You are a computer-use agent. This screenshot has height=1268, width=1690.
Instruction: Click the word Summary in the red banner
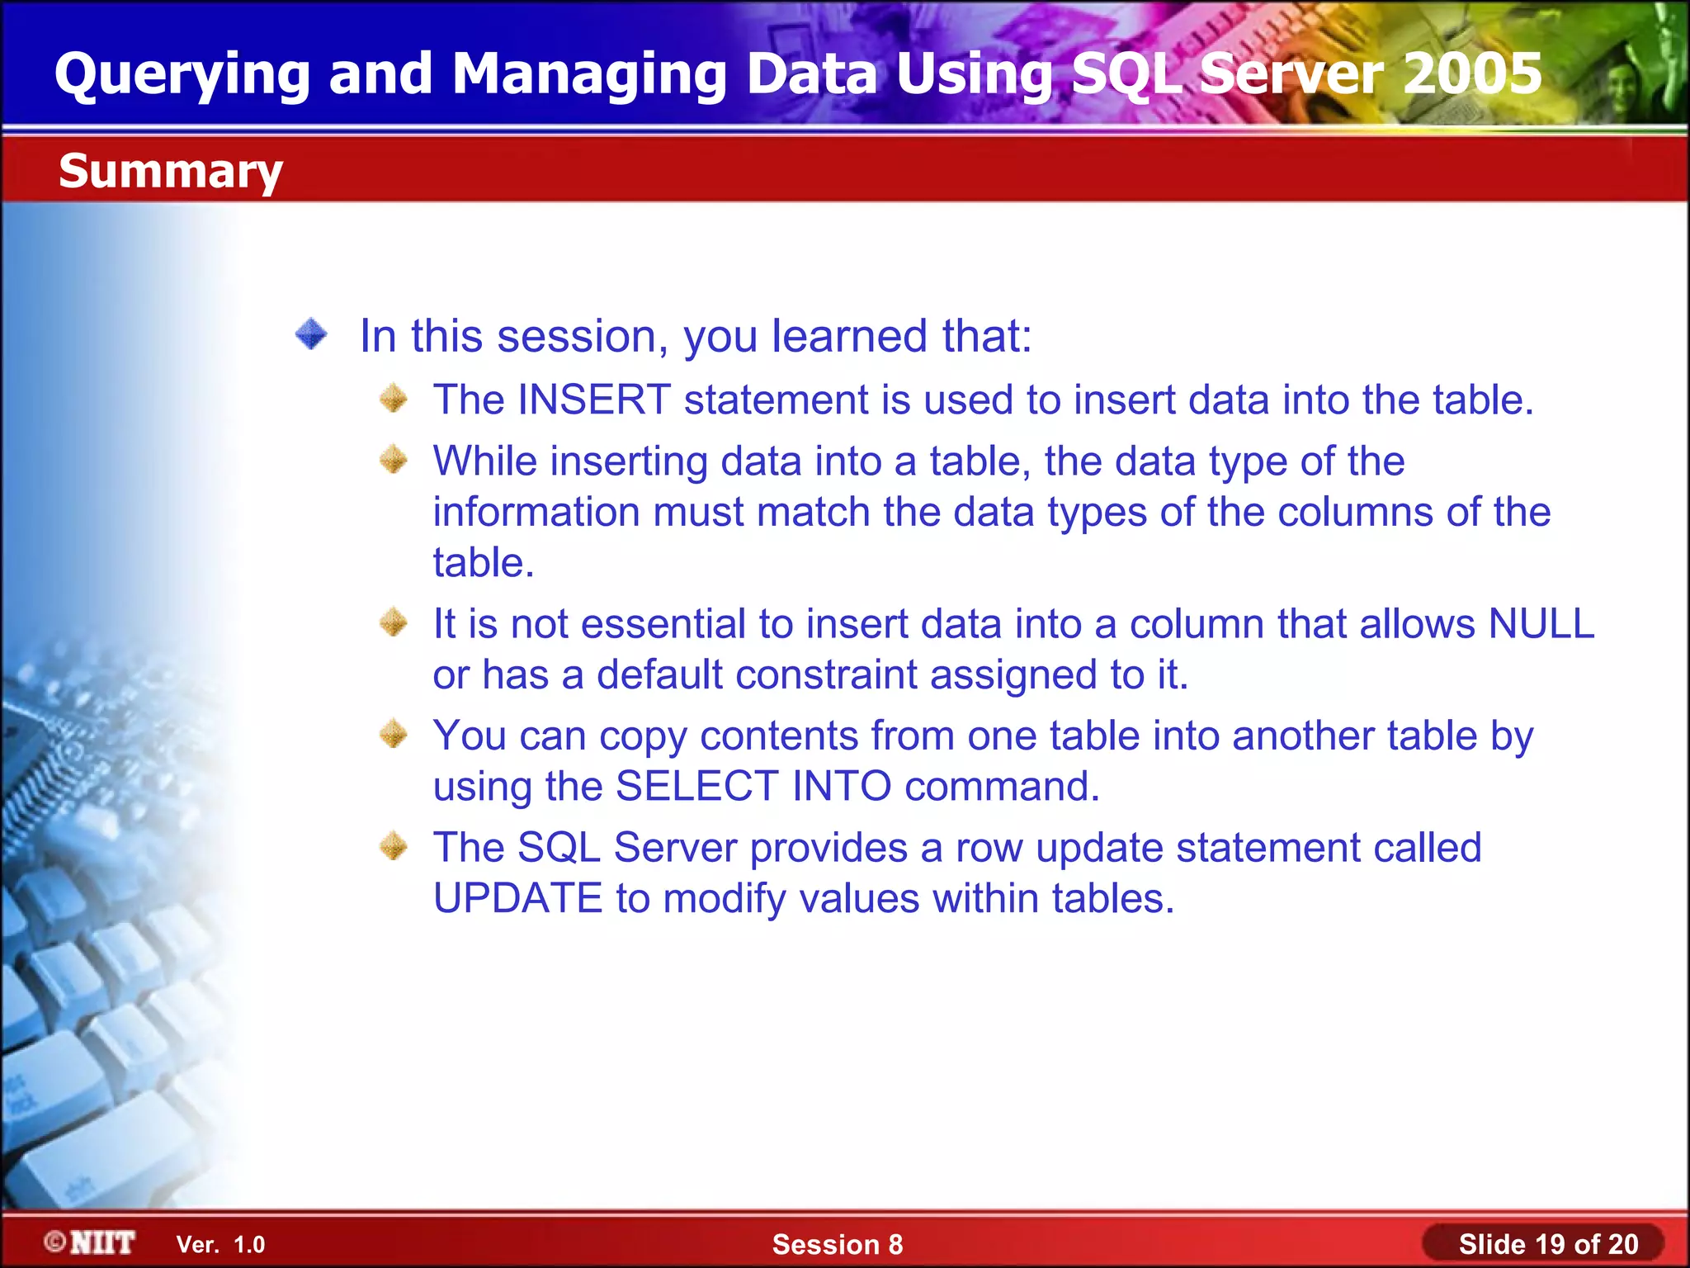tap(171, 172)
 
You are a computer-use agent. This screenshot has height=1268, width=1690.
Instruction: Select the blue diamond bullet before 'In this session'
tap(311, 334)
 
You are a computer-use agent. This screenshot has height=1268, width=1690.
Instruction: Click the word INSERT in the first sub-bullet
tap(593, 400)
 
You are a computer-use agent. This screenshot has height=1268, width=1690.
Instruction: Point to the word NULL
tap(1541, 624)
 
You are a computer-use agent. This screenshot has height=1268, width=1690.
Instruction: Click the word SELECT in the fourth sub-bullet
tap(696, 786)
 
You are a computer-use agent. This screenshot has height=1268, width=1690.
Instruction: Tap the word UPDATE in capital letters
tap(517, 898)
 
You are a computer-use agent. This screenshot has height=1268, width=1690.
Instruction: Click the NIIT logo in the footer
tap(91, 1242)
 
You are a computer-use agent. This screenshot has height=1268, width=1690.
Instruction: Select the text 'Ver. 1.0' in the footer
tap(220, 1244)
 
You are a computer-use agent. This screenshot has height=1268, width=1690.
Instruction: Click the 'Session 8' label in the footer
tap(837, 1244)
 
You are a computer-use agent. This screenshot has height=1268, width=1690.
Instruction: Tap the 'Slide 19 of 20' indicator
tap(1547, 1244)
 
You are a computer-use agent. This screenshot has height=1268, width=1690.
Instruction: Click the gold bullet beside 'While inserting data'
tap(394, 459)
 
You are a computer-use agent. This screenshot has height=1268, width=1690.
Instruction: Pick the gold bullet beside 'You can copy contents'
tap(394, 733)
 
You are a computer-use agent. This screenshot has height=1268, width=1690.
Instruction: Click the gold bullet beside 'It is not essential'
tap(394, 622)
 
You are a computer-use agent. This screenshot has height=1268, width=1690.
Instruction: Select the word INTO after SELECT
tap(841, 786)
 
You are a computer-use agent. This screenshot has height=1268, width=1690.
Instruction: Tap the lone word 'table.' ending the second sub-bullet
tap(484, 563)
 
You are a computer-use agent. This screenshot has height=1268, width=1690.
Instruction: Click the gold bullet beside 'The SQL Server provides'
tap(394, 845)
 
